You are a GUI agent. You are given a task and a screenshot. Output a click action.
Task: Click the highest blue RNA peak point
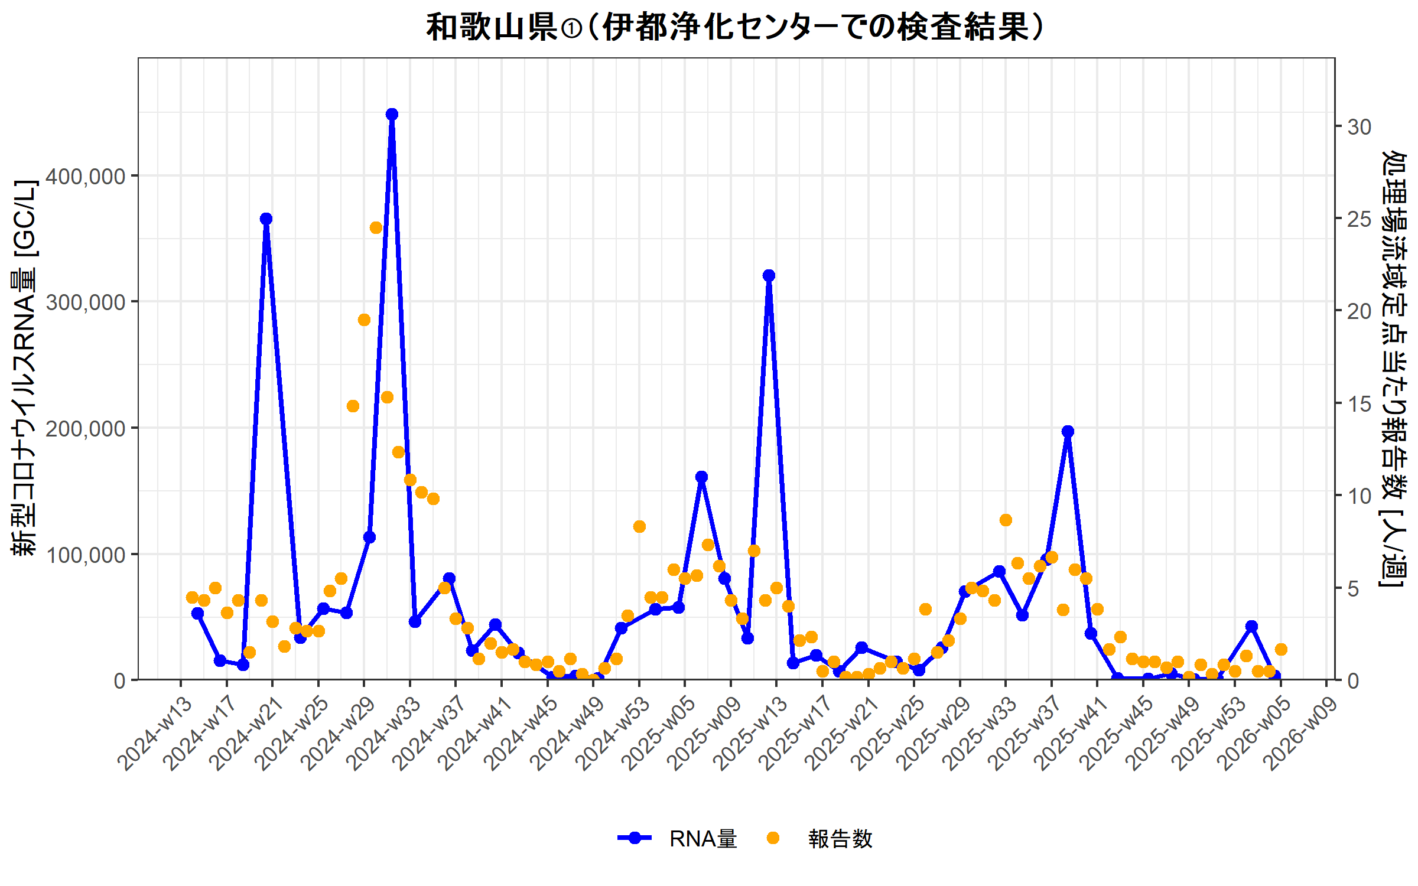coord(392,114)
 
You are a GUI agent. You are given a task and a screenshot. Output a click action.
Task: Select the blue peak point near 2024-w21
coord(266,219)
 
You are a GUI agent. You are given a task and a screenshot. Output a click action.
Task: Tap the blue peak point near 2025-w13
coord(769,275)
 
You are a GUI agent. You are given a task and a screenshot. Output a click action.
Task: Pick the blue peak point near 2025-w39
coord(1068,431)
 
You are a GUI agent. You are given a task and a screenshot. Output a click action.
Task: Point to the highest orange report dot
coord(376,227)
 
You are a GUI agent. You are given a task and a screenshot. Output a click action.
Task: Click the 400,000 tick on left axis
coord(86,176)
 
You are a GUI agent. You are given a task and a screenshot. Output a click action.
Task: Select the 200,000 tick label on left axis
coord(86,428)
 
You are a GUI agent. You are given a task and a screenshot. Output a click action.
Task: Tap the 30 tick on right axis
coord(1359,126)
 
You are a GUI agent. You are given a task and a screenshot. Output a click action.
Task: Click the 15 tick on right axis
coord(1359,404)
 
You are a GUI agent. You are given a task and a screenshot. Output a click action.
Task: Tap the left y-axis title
coord(25,367)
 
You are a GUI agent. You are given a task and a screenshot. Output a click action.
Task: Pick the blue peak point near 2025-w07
coord(701,477)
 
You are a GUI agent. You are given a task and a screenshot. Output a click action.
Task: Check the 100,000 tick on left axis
coord(86,555)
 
